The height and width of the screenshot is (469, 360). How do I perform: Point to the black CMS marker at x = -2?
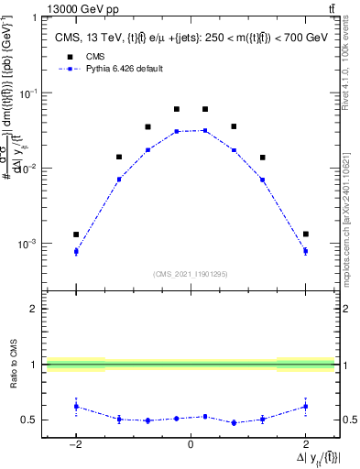point(76,234)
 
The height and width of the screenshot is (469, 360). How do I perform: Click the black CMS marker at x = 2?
point(305,234)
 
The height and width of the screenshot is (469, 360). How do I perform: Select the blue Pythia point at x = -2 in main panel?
point(76,251)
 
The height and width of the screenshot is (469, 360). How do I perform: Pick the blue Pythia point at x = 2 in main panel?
point(305,251)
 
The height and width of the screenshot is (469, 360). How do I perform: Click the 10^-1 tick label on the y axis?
point(30,93)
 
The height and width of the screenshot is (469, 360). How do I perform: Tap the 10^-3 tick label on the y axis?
point(30,245)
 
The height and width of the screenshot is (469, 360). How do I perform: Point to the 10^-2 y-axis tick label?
point(30,169)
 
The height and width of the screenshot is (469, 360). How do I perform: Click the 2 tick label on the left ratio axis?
point(35,309)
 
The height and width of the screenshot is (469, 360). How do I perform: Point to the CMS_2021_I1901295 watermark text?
point(191,274)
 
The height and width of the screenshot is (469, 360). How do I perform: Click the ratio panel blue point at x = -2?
point(76,406)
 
